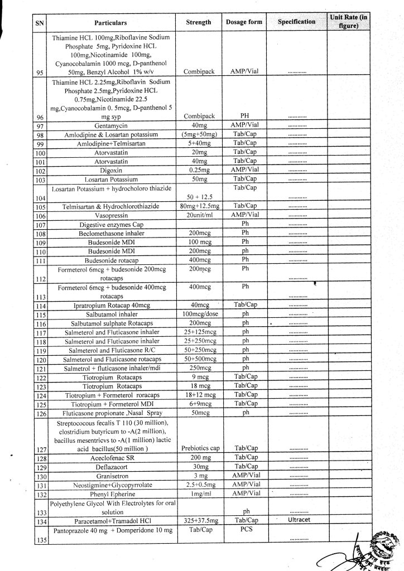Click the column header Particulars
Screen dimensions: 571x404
point(110,23)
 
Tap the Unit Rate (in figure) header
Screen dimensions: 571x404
point(349,22)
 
